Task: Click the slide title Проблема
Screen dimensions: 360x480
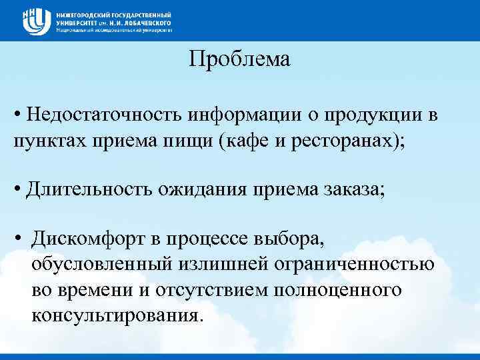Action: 239,60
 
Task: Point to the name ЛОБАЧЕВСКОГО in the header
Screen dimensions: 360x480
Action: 141,22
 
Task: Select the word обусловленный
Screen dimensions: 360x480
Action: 99,265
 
